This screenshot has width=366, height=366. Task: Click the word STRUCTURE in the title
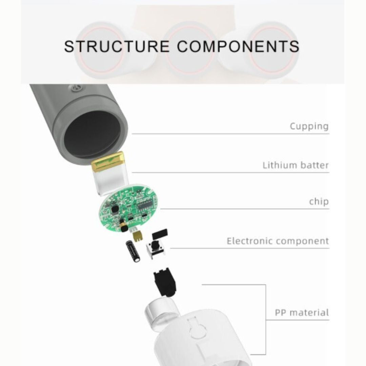tap(117, 46)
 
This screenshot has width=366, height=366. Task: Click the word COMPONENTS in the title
tap(238, 46)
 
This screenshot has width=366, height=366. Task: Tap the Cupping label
tap(309, 126)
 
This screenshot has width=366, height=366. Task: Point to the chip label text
tap(319, 202)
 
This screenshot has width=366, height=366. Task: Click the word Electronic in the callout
tap(250, 241)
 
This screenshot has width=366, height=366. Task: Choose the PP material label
tap(302, 312)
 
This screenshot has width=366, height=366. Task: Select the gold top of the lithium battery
tap(107, 161)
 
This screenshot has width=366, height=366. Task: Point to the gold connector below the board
tap(138, 236)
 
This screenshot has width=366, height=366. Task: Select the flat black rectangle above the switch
tap(160, 233)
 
